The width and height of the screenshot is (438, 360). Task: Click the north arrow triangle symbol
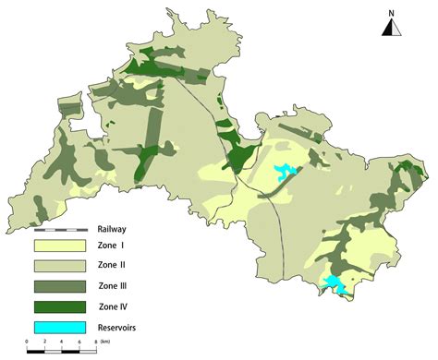click(x=393, y=27)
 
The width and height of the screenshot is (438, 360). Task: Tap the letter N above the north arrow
click(x=393, y=12)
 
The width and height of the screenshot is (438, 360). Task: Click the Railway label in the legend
click(x=112, y=229)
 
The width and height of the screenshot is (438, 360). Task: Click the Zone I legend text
click(x=110, y=246)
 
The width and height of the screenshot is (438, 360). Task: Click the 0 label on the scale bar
click(x=27, y=352)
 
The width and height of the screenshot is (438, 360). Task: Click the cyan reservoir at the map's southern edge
click(x=336, y=286)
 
